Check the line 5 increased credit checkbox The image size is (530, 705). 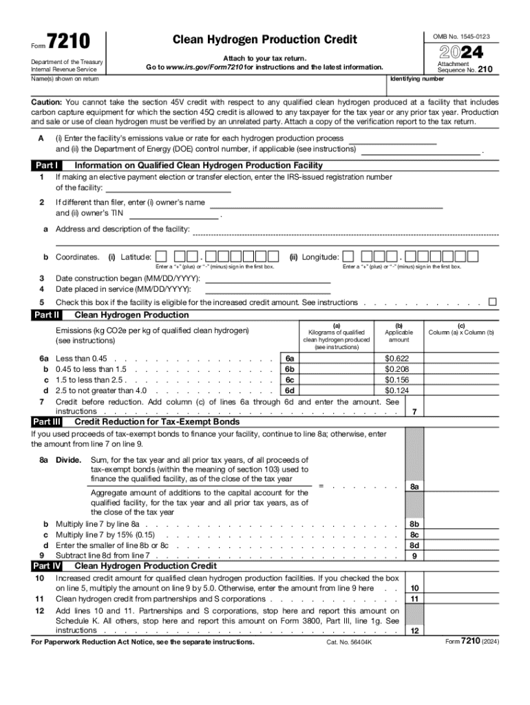492,302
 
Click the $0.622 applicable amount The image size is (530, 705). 396,359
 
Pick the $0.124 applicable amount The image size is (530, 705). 396,390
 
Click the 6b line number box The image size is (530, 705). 290,369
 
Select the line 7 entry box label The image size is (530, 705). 414,412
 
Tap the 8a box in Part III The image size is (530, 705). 414,486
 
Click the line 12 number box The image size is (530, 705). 414,631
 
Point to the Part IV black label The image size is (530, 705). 47,566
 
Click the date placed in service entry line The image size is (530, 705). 268,289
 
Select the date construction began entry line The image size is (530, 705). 268,279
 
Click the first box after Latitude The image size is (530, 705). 160,257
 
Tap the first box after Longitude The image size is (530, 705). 349,257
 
